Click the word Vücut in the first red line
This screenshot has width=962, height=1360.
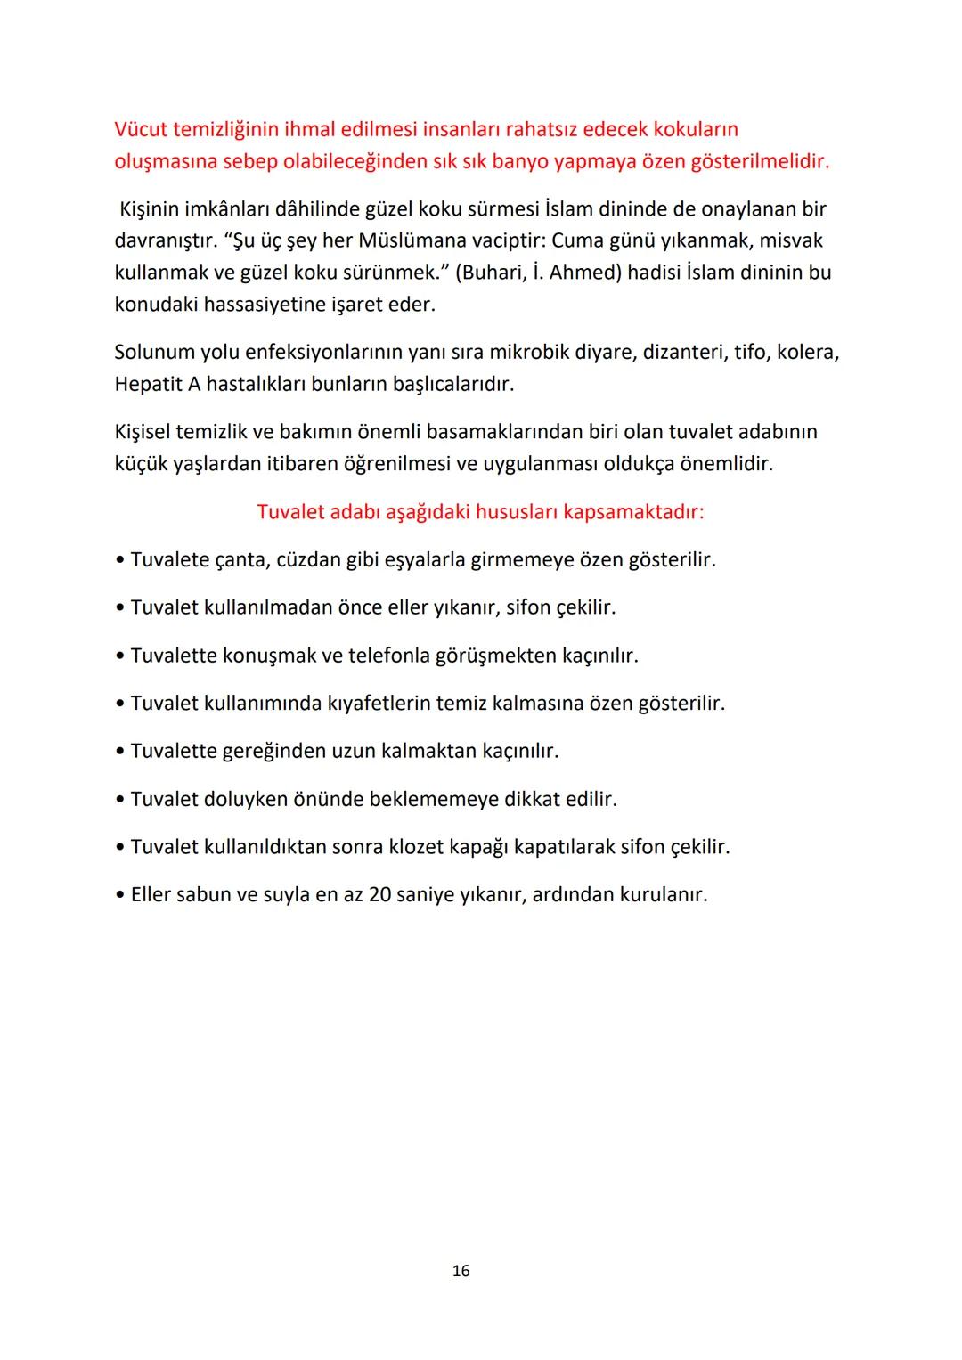tap(141, 129)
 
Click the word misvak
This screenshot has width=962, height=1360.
tap(791, 240)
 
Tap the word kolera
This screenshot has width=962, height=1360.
tap(807, 352)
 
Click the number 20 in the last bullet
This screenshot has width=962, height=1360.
tap(380, 894)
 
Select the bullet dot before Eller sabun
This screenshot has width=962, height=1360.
tap(120, 895)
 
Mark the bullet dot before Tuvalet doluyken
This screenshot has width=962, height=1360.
tap(120, 800)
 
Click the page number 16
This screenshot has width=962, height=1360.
tap(461, 1271)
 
